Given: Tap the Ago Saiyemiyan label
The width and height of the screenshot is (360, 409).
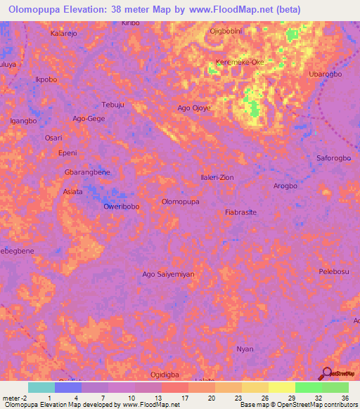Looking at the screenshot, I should pos(168,274).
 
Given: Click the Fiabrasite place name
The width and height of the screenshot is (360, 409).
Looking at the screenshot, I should pos(240,212).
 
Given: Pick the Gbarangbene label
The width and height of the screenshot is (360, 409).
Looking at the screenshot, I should pos(87,172).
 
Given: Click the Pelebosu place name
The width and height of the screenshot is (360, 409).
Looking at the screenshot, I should pos(334,271).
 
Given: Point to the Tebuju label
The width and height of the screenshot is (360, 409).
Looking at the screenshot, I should pos(113,104).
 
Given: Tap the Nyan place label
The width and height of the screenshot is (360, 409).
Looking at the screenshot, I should pos(245,349).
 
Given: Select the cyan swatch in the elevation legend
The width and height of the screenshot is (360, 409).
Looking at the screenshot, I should pos(41,387).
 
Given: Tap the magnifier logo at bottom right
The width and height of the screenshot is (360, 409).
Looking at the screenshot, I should pos(327,374).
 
